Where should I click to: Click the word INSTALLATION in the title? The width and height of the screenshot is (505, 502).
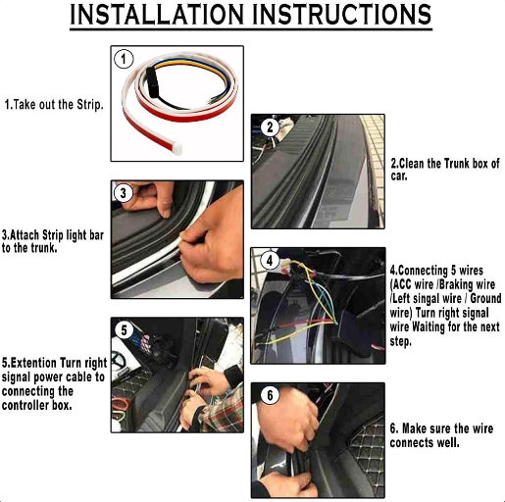click(x=157, y=15)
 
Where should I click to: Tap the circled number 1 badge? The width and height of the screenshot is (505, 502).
click(x=124, y=59)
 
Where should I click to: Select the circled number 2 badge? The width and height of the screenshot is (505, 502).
click(x=270, y=126)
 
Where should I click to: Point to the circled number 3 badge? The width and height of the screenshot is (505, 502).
click(x=123, y=193)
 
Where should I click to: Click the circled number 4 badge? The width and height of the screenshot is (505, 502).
click(x=270, y=261)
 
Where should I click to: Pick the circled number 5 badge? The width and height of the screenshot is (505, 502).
click(x=124, y=330)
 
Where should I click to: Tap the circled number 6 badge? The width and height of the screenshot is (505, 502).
click(x=270, y=395)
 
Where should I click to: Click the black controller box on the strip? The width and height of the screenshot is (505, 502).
click(x=152, y=82)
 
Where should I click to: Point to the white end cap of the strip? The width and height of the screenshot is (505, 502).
click(x=177, y=148)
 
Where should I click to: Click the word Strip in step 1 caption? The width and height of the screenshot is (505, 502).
click(x=90, y=105)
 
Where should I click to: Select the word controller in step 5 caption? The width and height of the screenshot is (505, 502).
click(x=25, y=406)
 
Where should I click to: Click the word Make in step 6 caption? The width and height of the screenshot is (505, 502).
click(x=413, y=428)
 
